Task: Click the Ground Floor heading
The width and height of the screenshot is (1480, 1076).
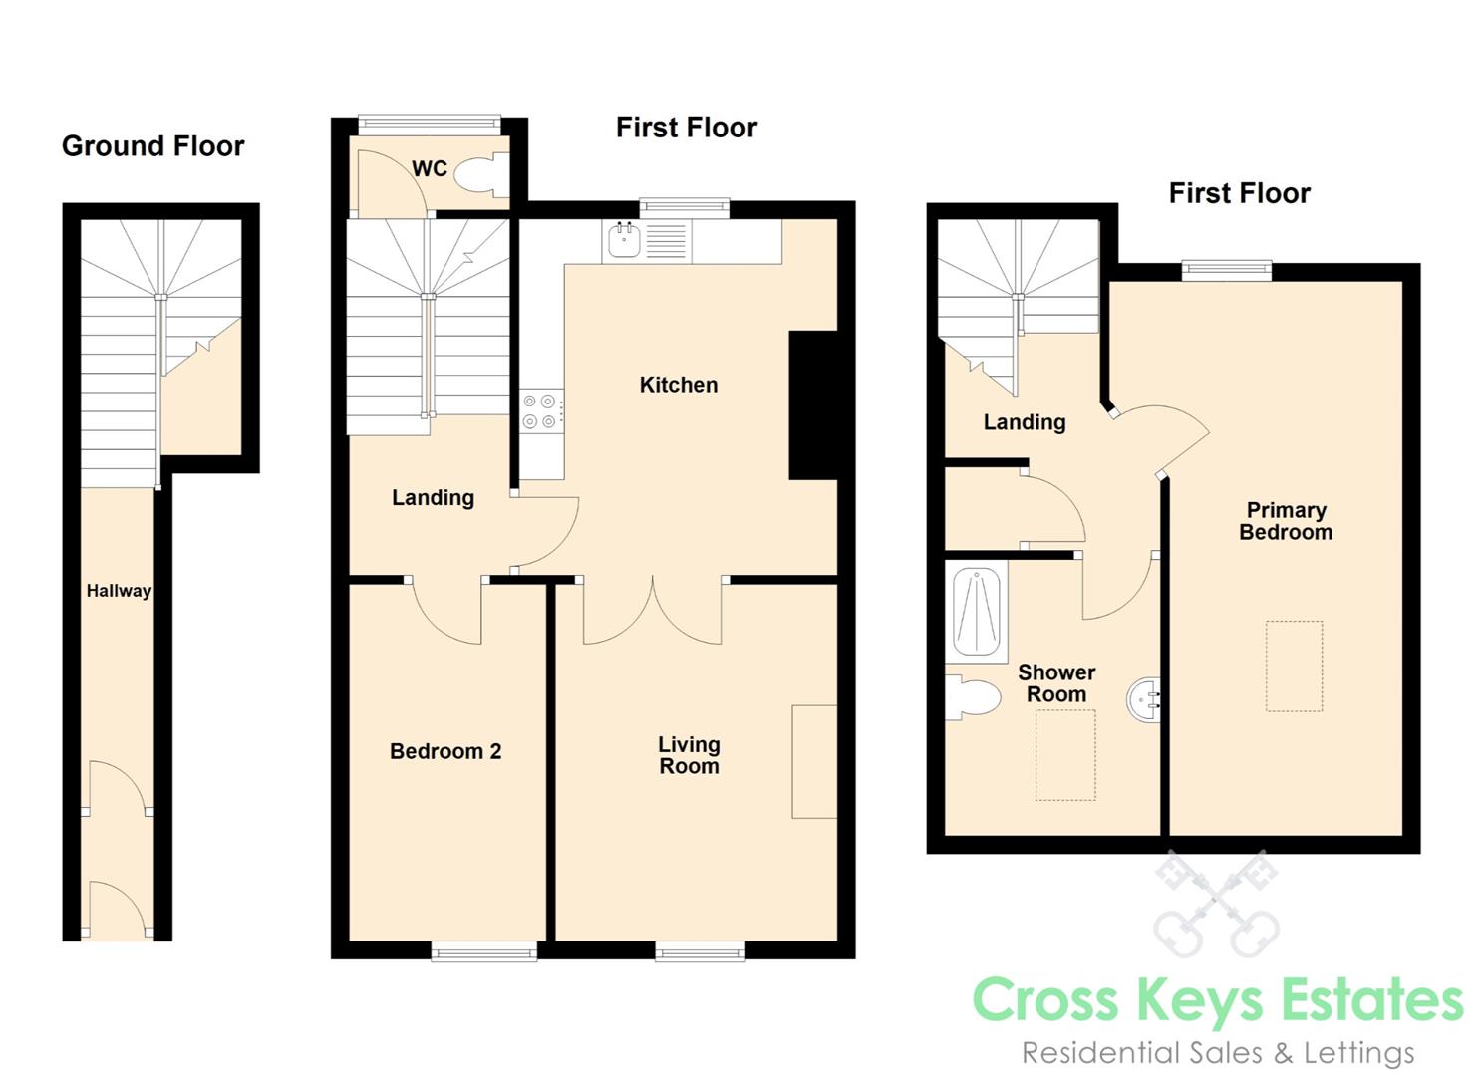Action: tap(152, 146)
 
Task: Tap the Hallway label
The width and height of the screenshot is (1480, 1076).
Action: tap(119, 591)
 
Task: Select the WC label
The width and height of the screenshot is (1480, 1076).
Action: tap(430, 168)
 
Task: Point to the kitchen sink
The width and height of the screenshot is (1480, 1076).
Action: tap(624, 239)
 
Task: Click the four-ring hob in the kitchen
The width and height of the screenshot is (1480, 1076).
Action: tap(540, 410)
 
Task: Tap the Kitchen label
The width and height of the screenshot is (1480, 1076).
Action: tap(679, 385)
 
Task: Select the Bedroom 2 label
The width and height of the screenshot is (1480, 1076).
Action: tap(445, 751)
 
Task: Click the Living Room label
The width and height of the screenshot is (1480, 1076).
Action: tap(689, 755)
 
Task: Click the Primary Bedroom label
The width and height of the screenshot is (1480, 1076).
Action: tap(1286, 521)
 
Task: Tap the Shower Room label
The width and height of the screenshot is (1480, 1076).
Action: tap(1056, 683)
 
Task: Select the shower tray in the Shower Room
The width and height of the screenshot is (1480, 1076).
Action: tap(977, 612)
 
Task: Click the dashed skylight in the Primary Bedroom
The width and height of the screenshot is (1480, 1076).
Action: tap(1294, 666)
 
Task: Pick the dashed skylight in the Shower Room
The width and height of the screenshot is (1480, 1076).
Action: tap(1065, 755)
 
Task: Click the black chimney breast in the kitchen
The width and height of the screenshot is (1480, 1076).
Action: tap(813, 404)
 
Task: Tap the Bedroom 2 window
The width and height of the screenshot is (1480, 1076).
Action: tap(483, 951)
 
